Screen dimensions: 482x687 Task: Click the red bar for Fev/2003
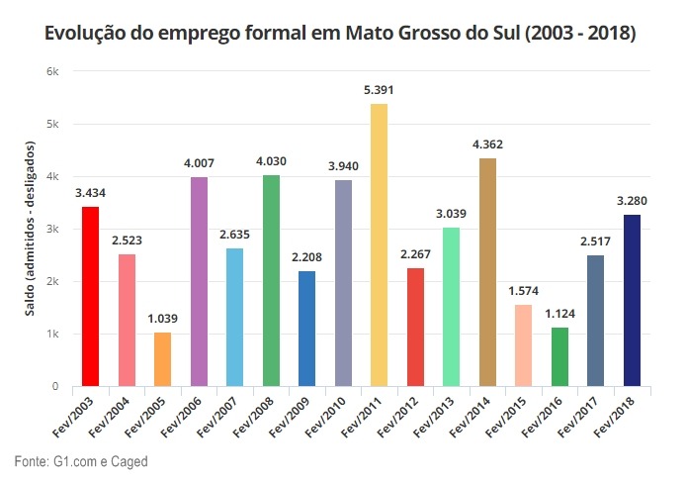coord(90,296)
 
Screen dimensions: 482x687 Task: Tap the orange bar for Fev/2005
coord(162,359)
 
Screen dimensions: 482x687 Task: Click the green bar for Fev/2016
coord(559,356)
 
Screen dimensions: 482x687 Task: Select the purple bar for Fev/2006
coord(199,281)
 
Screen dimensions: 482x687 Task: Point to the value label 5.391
coord(379,90)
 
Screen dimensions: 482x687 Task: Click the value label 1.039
coord(162,319)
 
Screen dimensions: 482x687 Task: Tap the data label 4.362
coord(487,145)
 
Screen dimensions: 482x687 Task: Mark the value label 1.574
coord(524,291)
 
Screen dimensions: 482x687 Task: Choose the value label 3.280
coord(633,201)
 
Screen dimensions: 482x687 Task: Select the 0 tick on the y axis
coord(54,387)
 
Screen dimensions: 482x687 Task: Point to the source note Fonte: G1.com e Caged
coord(80,461)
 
